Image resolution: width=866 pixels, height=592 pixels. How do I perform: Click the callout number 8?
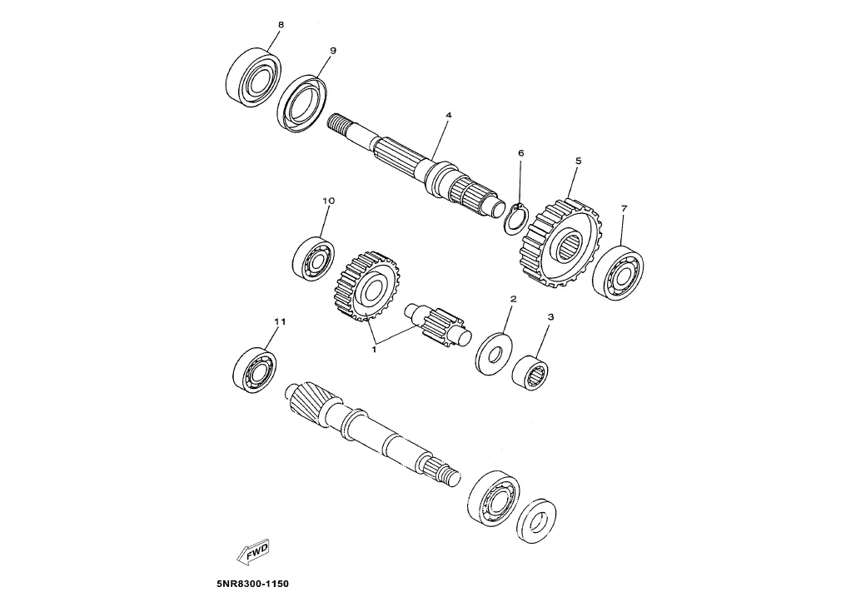(x=281, y=25)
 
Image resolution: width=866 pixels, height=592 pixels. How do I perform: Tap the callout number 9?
(x=332, y=51)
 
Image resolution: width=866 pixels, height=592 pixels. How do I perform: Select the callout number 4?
(x=447, y=114)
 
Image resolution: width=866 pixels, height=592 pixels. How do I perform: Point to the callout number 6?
(x=520, y=153)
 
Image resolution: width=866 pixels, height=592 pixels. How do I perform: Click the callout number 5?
(x=577, y=161)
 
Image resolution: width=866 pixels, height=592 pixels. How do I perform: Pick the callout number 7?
(x=624, y=207)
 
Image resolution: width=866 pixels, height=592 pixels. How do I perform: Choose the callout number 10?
(x=328, y=201)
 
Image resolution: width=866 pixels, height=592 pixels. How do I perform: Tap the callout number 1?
(x=374, y=350)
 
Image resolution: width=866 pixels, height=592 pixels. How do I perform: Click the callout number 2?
(x=513, y=298)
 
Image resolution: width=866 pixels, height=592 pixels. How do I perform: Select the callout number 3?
(x=551, y=317)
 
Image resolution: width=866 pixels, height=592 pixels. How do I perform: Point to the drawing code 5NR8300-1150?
(x=251, y=584)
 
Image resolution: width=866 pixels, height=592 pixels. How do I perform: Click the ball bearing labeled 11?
(x=255, y=370)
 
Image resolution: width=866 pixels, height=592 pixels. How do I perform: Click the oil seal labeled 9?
(x=301, y=103)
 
